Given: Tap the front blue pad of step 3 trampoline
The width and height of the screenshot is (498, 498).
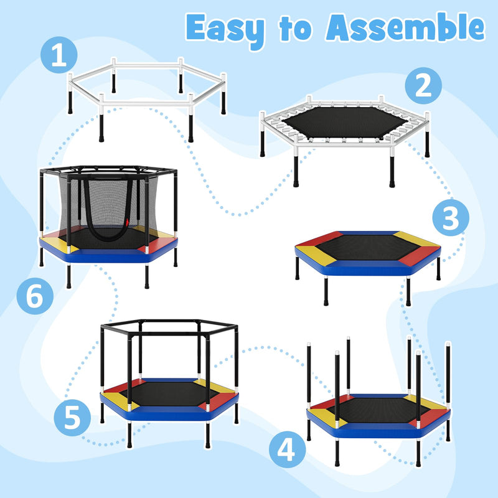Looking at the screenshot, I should coord(367,268).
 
